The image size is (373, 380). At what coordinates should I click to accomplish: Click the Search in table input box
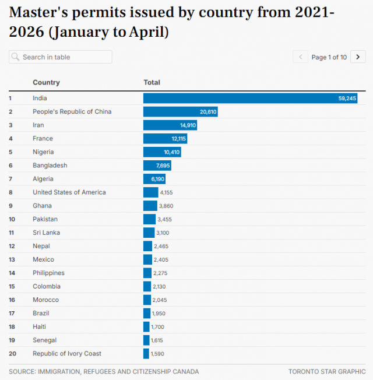click(x=61, y=57)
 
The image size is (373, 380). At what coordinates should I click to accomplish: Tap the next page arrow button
click(x=358, y=57)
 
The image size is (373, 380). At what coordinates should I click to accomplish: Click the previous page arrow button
click(x=300, y=57)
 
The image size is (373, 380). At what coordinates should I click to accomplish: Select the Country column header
click(x=46, y=82)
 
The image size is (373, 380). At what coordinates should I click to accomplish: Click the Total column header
click(x=152, y=82)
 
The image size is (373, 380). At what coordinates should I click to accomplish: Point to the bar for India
click(x=251, y=98)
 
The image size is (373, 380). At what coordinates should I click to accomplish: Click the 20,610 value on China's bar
click(x=208, y=112)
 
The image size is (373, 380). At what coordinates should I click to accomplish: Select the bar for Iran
click(x=170, y=125)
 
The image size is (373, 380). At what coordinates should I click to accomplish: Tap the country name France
click(x=43, y=138)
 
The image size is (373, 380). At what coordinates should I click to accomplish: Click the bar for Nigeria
click(x=162, y=152)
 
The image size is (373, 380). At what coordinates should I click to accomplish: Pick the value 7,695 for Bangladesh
click(x=163, y=166)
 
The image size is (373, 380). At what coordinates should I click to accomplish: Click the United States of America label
click(x=69, y=192)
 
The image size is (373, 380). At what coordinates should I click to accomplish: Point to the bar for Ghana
click(x=150, y=206)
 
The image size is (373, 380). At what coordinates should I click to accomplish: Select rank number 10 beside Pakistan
click(x=12, y=219)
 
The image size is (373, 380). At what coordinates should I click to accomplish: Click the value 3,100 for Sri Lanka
click(x=163, y=233)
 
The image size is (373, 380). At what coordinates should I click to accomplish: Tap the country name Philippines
click(x=48, y=273)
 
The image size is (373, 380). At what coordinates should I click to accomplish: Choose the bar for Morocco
click(x=147, y=300)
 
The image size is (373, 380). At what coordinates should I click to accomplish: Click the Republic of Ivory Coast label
click(x=67, y=353)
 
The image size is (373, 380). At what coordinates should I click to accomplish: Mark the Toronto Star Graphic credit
click(x=327, y=371)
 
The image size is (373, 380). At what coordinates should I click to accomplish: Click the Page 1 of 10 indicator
click(x=329, y=57)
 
